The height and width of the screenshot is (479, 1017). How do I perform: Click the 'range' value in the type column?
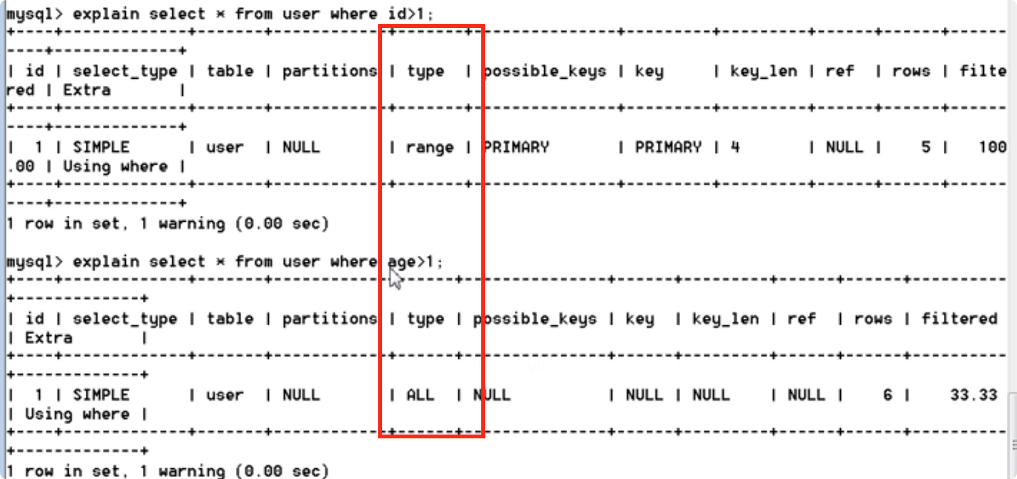coord(430,147)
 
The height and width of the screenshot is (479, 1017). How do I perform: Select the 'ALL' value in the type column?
coord(420,395)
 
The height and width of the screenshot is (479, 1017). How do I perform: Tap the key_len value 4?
coord(735,147)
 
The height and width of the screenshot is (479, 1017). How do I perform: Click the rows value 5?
coord(925,147)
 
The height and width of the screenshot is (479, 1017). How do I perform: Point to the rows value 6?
coord(887,395)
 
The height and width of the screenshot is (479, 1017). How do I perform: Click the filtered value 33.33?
coord(973,395)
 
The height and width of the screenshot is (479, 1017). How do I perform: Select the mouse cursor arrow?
coord(395,278)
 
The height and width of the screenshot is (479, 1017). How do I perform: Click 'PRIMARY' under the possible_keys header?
coord(516,147)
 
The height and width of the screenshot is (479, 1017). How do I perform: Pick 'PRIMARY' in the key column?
coord(668,147)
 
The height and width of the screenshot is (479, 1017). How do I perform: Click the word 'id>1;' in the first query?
coord(411,14)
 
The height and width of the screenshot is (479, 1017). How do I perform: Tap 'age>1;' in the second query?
coord(415,262)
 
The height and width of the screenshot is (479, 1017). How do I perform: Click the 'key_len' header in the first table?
coord(763,71)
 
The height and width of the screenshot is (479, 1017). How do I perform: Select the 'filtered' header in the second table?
coord(959,319)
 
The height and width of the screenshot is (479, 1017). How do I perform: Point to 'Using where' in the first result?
coord(115,166)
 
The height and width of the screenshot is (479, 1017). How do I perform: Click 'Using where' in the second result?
coord(77,414)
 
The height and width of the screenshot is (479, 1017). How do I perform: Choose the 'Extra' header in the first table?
coord(86,90)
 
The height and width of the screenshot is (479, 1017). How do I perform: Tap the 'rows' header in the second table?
coord(873,319)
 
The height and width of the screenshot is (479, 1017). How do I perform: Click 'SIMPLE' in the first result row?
coord(100,147)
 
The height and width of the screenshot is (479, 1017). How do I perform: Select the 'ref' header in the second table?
coord(801,319)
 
